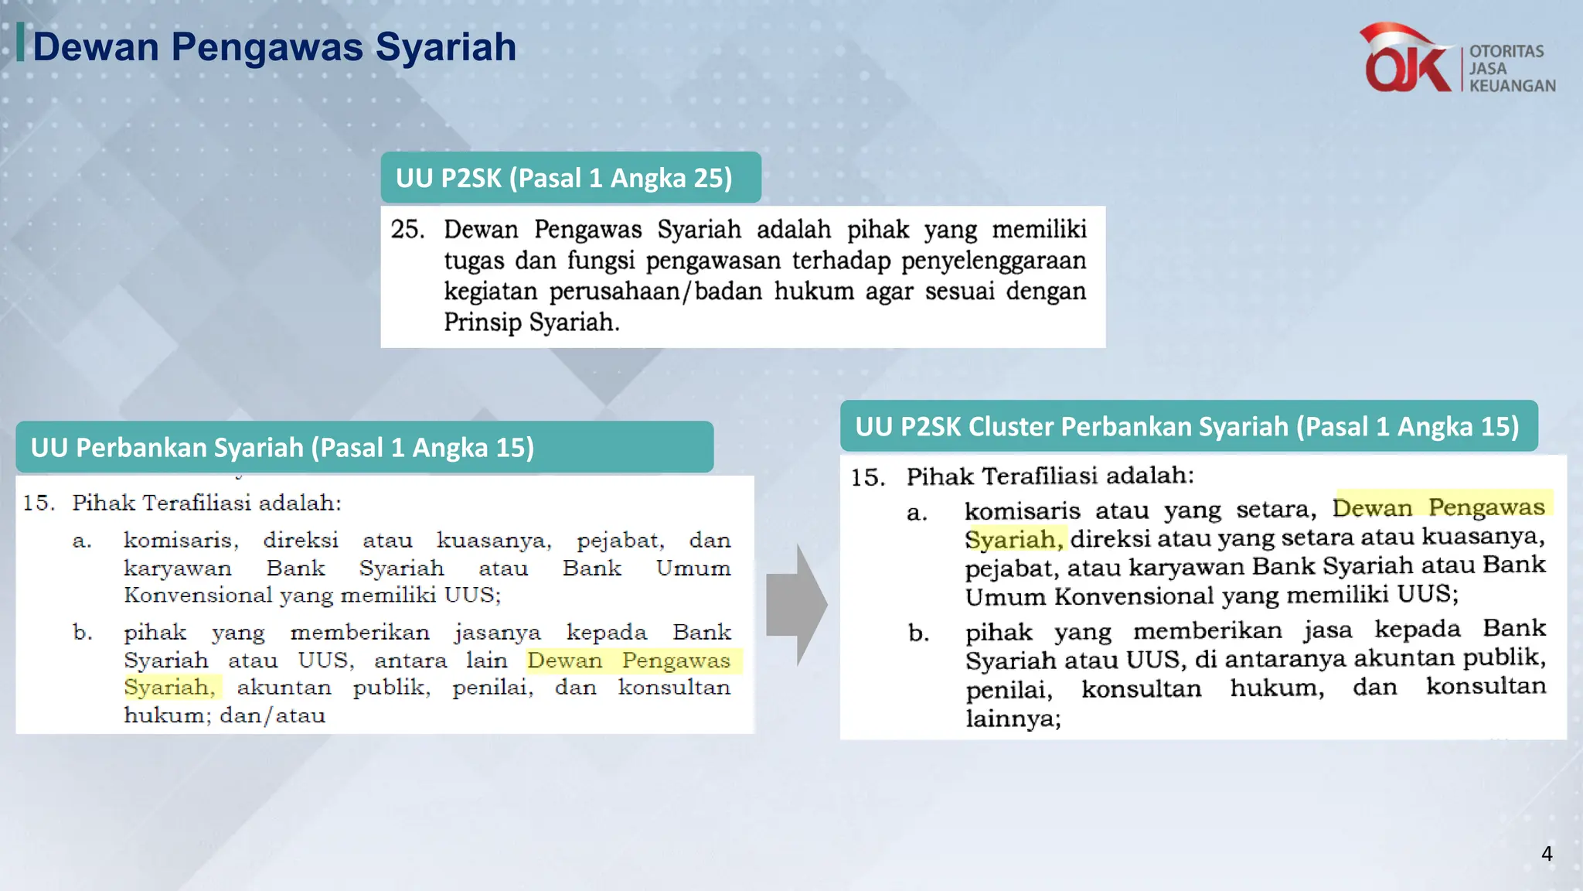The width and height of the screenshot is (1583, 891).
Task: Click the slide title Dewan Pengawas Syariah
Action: click(274, 47)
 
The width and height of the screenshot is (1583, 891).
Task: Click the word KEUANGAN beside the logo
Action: click(1512, 86)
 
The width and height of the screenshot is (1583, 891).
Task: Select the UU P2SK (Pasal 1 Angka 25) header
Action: click(564, 178)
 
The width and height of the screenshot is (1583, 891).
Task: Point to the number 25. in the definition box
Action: click(407, 230)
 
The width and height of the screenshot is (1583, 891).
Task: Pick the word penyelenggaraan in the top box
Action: click(993, 261)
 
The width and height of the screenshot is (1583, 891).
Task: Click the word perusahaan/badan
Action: click(655, 292)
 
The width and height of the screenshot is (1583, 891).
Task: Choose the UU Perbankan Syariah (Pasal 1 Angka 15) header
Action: click(283, 448)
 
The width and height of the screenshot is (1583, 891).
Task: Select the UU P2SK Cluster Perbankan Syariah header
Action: click(1187, 427)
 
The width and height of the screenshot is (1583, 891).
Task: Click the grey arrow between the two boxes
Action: click(797, 603)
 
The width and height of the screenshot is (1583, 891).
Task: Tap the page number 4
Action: click(1546, 853)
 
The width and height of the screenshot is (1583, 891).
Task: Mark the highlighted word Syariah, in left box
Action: click(170, 688)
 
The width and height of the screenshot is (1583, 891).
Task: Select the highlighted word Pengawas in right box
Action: click(1486, 507)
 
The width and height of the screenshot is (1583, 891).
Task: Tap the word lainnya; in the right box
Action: click(1013, 719)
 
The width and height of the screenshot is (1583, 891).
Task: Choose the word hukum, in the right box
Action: click(1277, 688)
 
